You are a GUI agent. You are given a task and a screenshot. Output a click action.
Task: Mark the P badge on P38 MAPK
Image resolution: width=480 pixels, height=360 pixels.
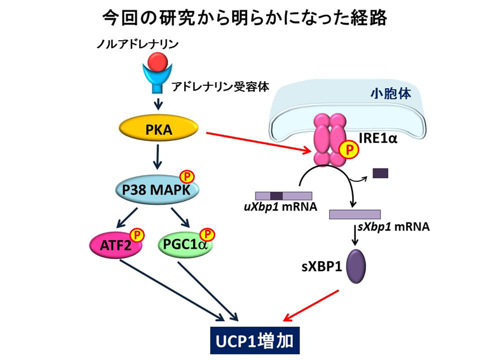point(188,177)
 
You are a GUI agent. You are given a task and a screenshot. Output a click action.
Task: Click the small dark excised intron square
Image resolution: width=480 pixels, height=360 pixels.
point(380,173)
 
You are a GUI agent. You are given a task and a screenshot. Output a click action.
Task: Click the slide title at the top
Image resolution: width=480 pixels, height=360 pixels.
point(240,17)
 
